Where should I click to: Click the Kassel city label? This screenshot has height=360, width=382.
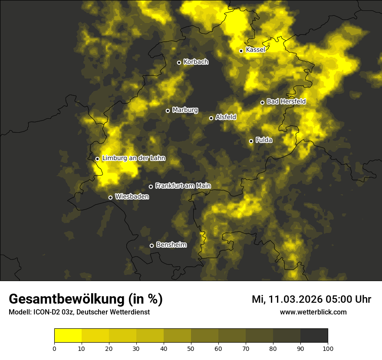[255, 50]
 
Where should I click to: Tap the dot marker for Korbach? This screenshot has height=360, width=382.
[179, 62]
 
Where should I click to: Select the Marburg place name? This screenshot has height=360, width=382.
[185, 110]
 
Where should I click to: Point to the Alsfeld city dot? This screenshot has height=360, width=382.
[211, 118]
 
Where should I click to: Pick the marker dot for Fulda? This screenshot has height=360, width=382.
[251, 141]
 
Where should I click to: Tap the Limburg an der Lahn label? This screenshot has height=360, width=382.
[134, 158]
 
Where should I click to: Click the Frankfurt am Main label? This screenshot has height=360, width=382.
[183, 186]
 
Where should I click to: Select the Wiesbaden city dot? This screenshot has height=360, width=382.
[110, 197]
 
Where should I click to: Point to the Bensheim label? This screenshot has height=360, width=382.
[171, 245]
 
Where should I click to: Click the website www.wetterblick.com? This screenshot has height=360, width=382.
[313, 312]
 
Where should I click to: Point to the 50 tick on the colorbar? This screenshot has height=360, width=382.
[191, 348]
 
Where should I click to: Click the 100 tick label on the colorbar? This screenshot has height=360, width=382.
[328, 348]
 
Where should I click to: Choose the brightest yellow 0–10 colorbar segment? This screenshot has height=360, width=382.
[68, 335]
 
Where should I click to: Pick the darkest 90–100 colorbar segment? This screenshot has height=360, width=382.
[314, 335]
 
